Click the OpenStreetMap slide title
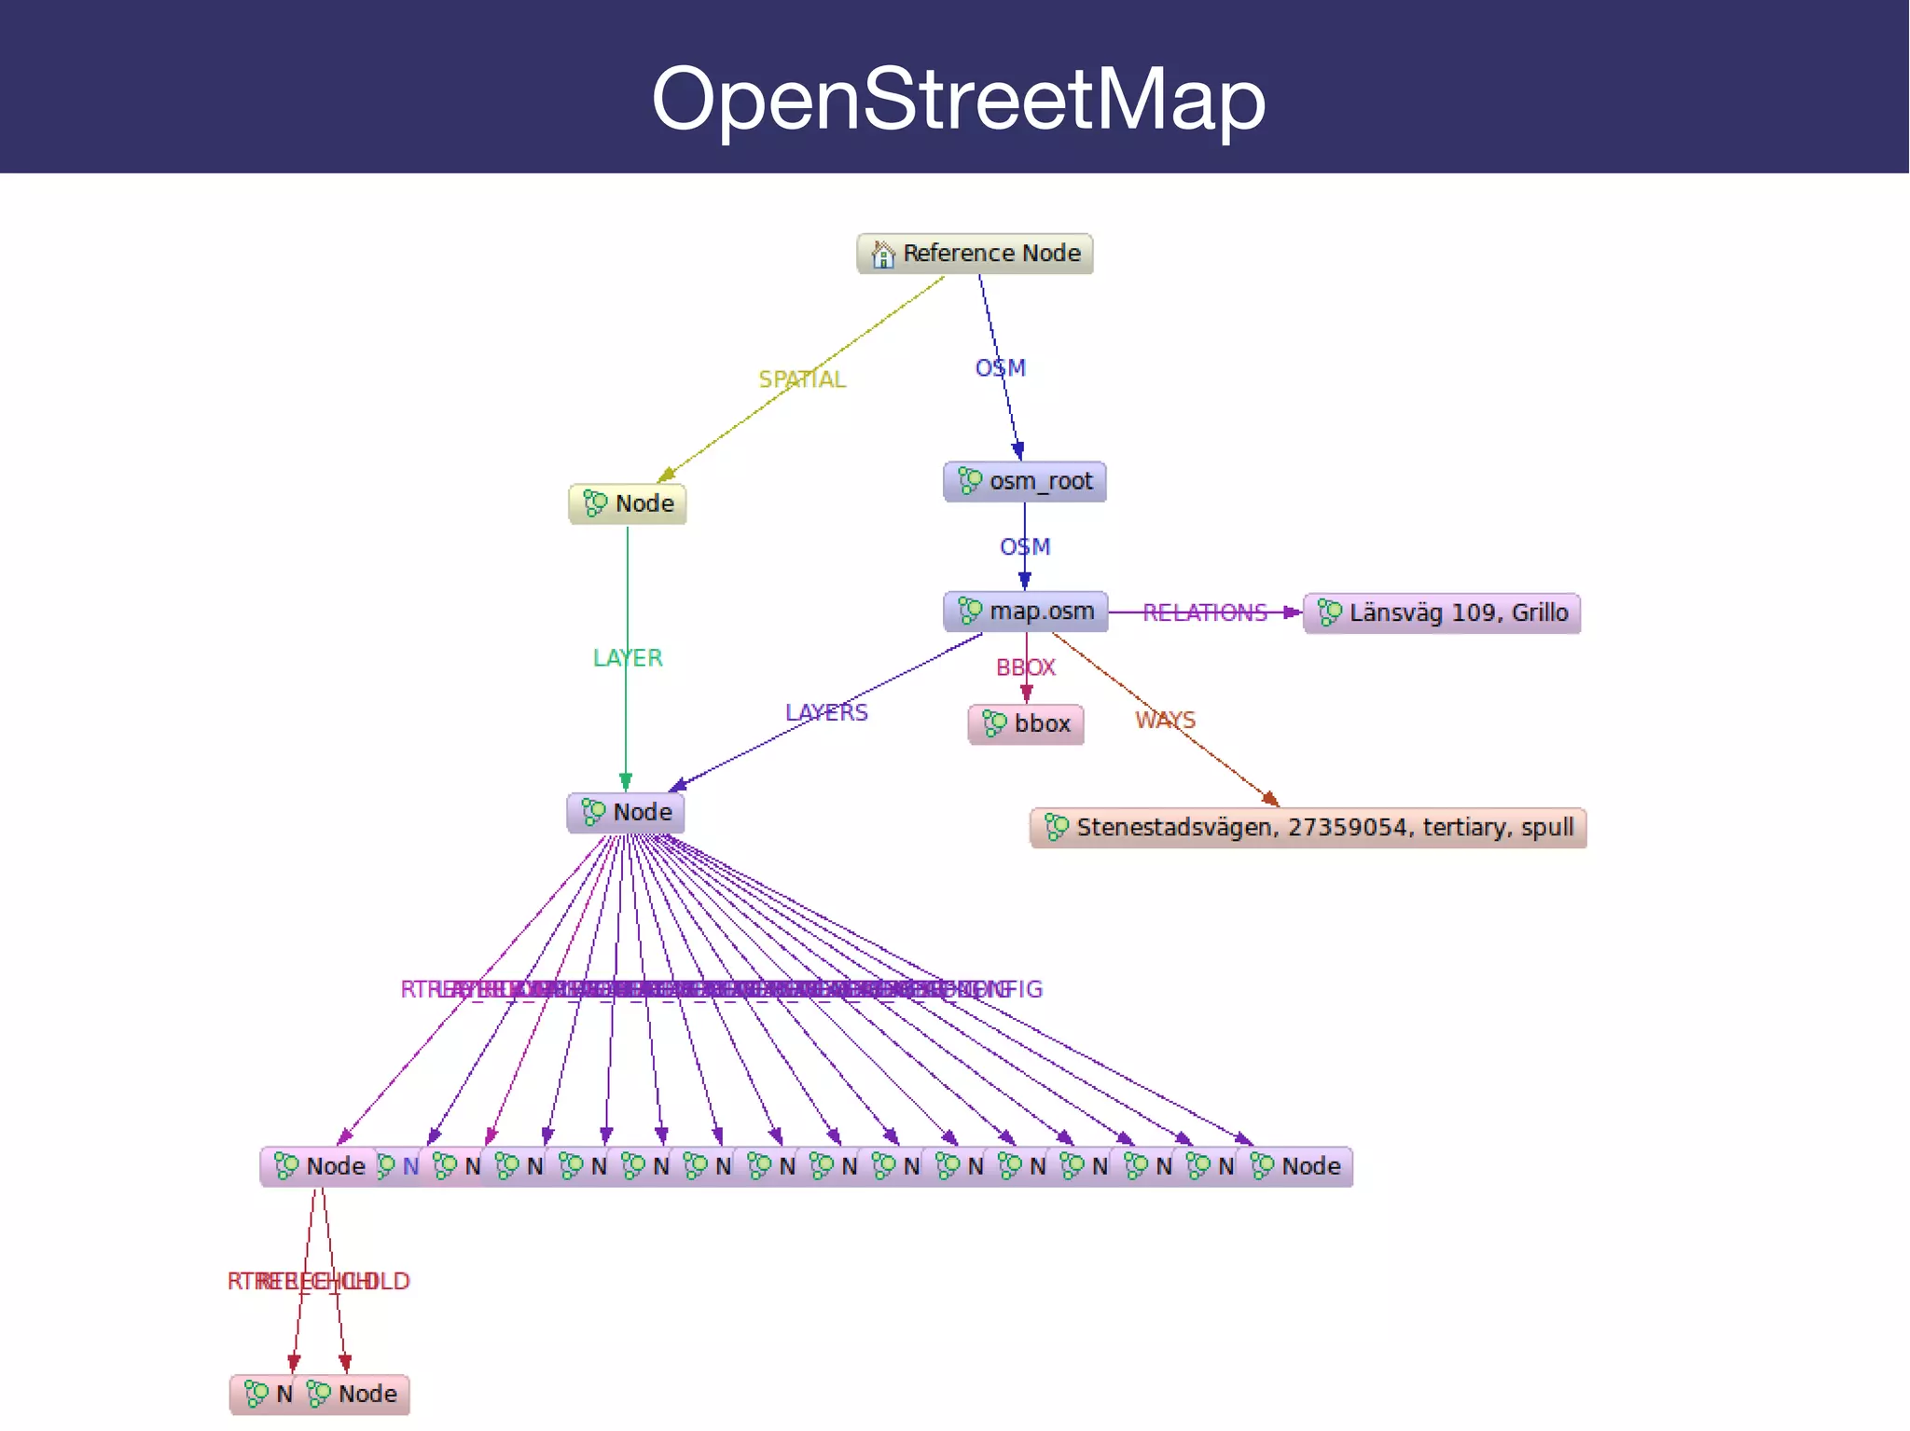(x=958, y=99)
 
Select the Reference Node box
(x=975, y=254)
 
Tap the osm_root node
(x=1025, y=482)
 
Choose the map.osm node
(x=1026, y=612)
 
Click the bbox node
(x=1026, y=724)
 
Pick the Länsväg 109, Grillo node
(x=1442, y=613)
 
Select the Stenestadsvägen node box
(x=1308, y=828)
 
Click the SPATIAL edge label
(x=802, y=379)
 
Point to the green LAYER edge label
(x=628, y=658)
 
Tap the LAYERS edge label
(x=826, y=713)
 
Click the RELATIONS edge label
(x=1204, y=612)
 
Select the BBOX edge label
(x=1026, y=667)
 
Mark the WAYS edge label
(x=1165, y=721)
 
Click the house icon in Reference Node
(x=882, y=254)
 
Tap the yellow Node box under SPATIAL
(x=628, y=504)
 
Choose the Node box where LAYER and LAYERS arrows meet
(x=626, y=813)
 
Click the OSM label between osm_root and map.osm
(x=1025, y=547)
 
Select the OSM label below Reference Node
(x=1001, y=368)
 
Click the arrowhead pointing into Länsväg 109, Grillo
(x=1293, y=612)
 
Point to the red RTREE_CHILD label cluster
(x=318, y=1282)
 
